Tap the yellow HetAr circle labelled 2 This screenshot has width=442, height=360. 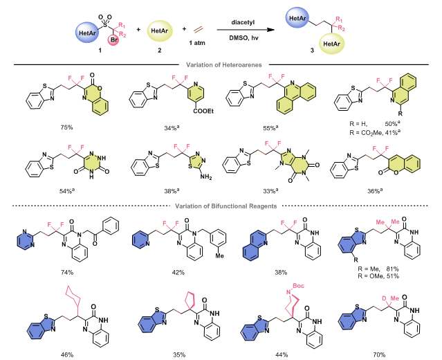coord(159,30)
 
